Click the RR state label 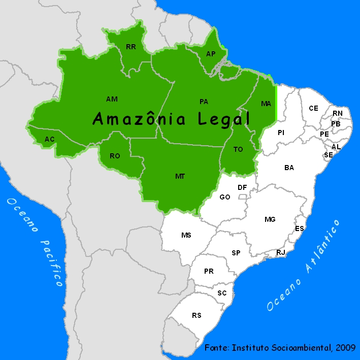131,47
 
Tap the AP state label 211,54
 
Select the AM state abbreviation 112,99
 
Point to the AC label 50,139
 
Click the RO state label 115,156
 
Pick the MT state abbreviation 180,176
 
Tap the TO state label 239,149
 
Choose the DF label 242,187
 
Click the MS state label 186,235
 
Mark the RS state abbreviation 197,315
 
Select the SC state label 222,293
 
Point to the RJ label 281,252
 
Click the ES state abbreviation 300,228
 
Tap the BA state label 289,167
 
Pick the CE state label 314,108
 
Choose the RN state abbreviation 338,113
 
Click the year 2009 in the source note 345,348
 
